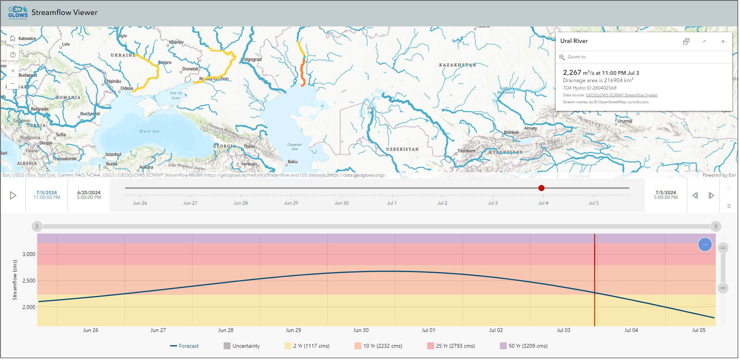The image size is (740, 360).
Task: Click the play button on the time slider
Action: (x=13, y=196)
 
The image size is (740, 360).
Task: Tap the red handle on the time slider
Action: (x=541, y=188)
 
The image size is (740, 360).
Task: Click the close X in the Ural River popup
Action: (x=723, y=41)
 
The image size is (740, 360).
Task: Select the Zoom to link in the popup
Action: (x=576, y=57)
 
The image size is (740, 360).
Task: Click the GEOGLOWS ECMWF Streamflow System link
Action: (x=621, y=95)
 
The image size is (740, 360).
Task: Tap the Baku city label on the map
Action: (x=293, y=162)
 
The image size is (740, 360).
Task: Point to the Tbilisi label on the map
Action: (x=249, y=147)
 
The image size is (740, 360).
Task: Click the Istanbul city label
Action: (x=113, y=154)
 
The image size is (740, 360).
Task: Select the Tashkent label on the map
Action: (x=467, y=151)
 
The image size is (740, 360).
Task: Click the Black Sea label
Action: (x=149, y=131)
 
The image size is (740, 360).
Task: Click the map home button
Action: (x=13, y=38)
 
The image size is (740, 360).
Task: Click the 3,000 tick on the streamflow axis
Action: (x=29, y=254)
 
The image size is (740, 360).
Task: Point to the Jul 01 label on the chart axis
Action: (x=428, y=330)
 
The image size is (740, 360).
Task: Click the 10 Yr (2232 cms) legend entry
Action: (x=378, y=346)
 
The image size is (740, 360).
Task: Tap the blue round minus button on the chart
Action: (x=705, y=244)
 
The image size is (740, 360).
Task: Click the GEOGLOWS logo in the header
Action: (x=18, y=13)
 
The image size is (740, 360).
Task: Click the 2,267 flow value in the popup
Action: (x=572, y=73)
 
